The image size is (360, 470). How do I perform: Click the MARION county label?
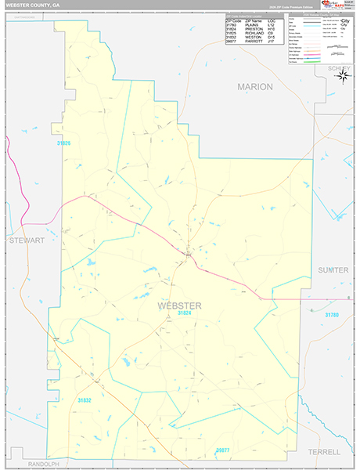[255, 87]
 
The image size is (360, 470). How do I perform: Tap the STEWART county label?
[27, 241]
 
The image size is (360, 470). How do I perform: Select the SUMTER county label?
[333, 269]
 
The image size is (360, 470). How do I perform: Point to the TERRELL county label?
[324, 452]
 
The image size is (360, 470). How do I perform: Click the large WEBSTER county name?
[180, 305]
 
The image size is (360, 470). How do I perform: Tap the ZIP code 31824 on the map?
[184, 313]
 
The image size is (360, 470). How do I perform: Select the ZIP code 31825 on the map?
[63, 143]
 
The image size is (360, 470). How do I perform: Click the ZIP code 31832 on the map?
[85, 400]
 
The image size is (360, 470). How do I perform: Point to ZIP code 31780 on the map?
[332, 314]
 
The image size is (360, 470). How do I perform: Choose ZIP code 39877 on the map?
[223, 450]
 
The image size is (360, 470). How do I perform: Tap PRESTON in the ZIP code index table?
[255, 28]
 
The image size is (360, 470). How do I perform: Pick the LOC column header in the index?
[271, 20]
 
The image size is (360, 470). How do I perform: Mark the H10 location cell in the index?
[271, 28]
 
